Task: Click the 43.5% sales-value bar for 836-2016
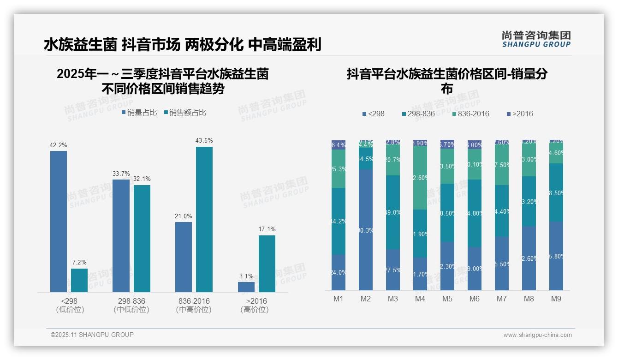[204, 219]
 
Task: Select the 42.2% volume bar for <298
[59, 222]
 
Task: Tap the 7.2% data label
[79, 262]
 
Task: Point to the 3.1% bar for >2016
[246, 287]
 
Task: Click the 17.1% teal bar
[267, 264]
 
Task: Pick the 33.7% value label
[121, 174]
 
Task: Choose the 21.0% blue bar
[183, 257]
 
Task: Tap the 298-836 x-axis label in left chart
[131, 301]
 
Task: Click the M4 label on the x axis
[420, 299]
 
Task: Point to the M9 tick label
[556, 299]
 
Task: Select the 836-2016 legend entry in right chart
[470, 114]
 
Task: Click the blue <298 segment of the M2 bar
[366, 230]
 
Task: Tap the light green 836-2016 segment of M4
[420, 178]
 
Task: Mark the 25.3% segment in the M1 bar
[339, 169]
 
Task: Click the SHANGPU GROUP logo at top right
[536, 39]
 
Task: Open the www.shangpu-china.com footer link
[537, 335]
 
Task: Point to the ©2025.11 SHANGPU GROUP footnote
[92, 335]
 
